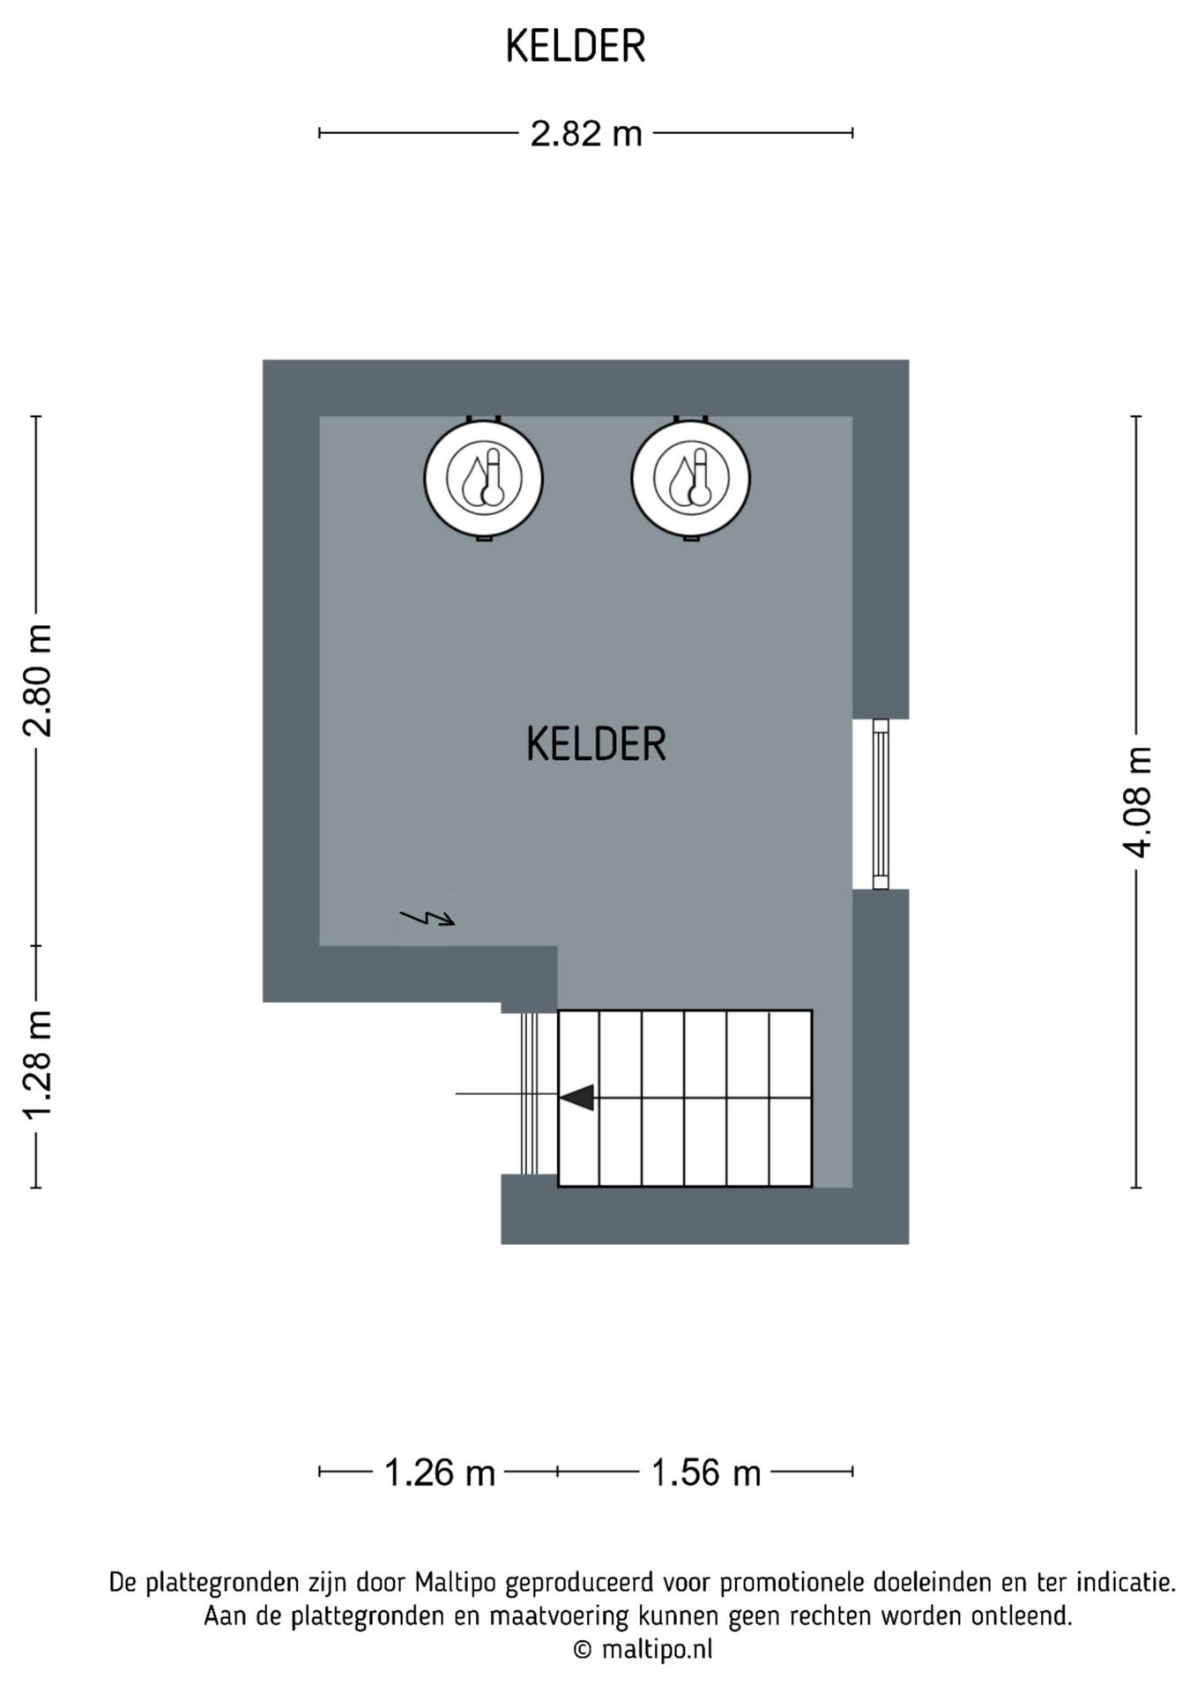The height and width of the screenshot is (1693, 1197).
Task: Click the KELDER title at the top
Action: (576, 48)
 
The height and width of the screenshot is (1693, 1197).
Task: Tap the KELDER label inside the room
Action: (596, 744)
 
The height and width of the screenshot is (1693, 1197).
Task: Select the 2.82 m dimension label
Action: (585, 134)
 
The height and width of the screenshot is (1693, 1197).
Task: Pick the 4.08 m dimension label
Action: (1137, 802)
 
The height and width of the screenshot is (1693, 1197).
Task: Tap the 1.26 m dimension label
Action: (440, 1473)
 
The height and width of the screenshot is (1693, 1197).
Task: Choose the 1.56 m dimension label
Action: (705, 1473)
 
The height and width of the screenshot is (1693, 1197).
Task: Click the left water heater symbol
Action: (483, 479)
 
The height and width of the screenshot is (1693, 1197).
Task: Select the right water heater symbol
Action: (690, 479)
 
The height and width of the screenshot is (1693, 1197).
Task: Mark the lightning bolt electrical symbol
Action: (427, 918)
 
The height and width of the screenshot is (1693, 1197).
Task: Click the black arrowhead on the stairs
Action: (577, 1098)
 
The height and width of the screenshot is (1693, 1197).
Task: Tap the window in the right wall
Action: (880, 804)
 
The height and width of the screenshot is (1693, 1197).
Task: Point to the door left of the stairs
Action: (529, 1093)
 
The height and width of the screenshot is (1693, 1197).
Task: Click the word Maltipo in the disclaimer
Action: (453, 1583)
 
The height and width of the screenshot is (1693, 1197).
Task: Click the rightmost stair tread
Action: (790, 1098)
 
